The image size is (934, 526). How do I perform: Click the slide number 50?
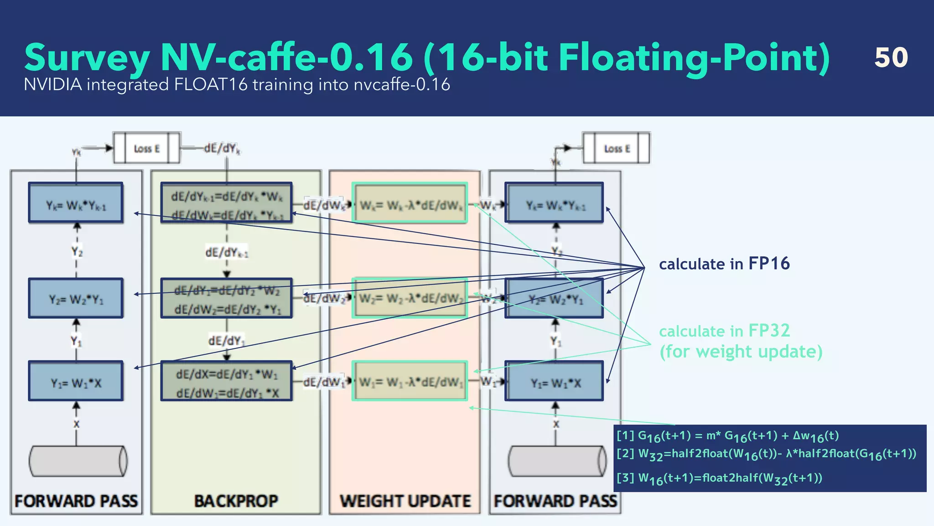pyautogui.click(x=891, y=58)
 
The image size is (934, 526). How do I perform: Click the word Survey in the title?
pyautogui.click(x=87, y=58)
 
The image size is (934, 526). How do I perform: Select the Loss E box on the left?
pyautogui.click(x=146, y=148)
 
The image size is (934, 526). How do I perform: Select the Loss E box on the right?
pyautogui.click(x=617, y=148)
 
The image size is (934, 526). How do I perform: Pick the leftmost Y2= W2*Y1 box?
pyautogui.click(x=76, y=299)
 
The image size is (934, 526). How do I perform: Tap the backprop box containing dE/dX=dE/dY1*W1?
pyautogui.click(x=227, y=382)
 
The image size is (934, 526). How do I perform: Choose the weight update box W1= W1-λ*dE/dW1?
pyautogui.click(x=410, y=382)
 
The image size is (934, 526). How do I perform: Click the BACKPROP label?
pyautogui.click(x=236, y=501)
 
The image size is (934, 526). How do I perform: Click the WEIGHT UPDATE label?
pyautogui.click(x=405, y=501)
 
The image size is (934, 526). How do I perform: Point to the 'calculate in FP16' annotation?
pyautogui.click(x=724, y=264)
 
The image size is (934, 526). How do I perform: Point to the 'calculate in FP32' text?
pyautogui.click(x=724, y=331)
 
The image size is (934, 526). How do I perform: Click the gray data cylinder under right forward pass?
pyautogui.click(x=557, y=461)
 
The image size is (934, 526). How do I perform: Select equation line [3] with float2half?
pyautogui.click(x=719, y=479)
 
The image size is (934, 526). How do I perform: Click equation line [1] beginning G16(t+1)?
pyautogui.click(x=727, y=436)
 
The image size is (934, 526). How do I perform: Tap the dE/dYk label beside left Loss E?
pyautogui.click(x=222, y=148)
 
